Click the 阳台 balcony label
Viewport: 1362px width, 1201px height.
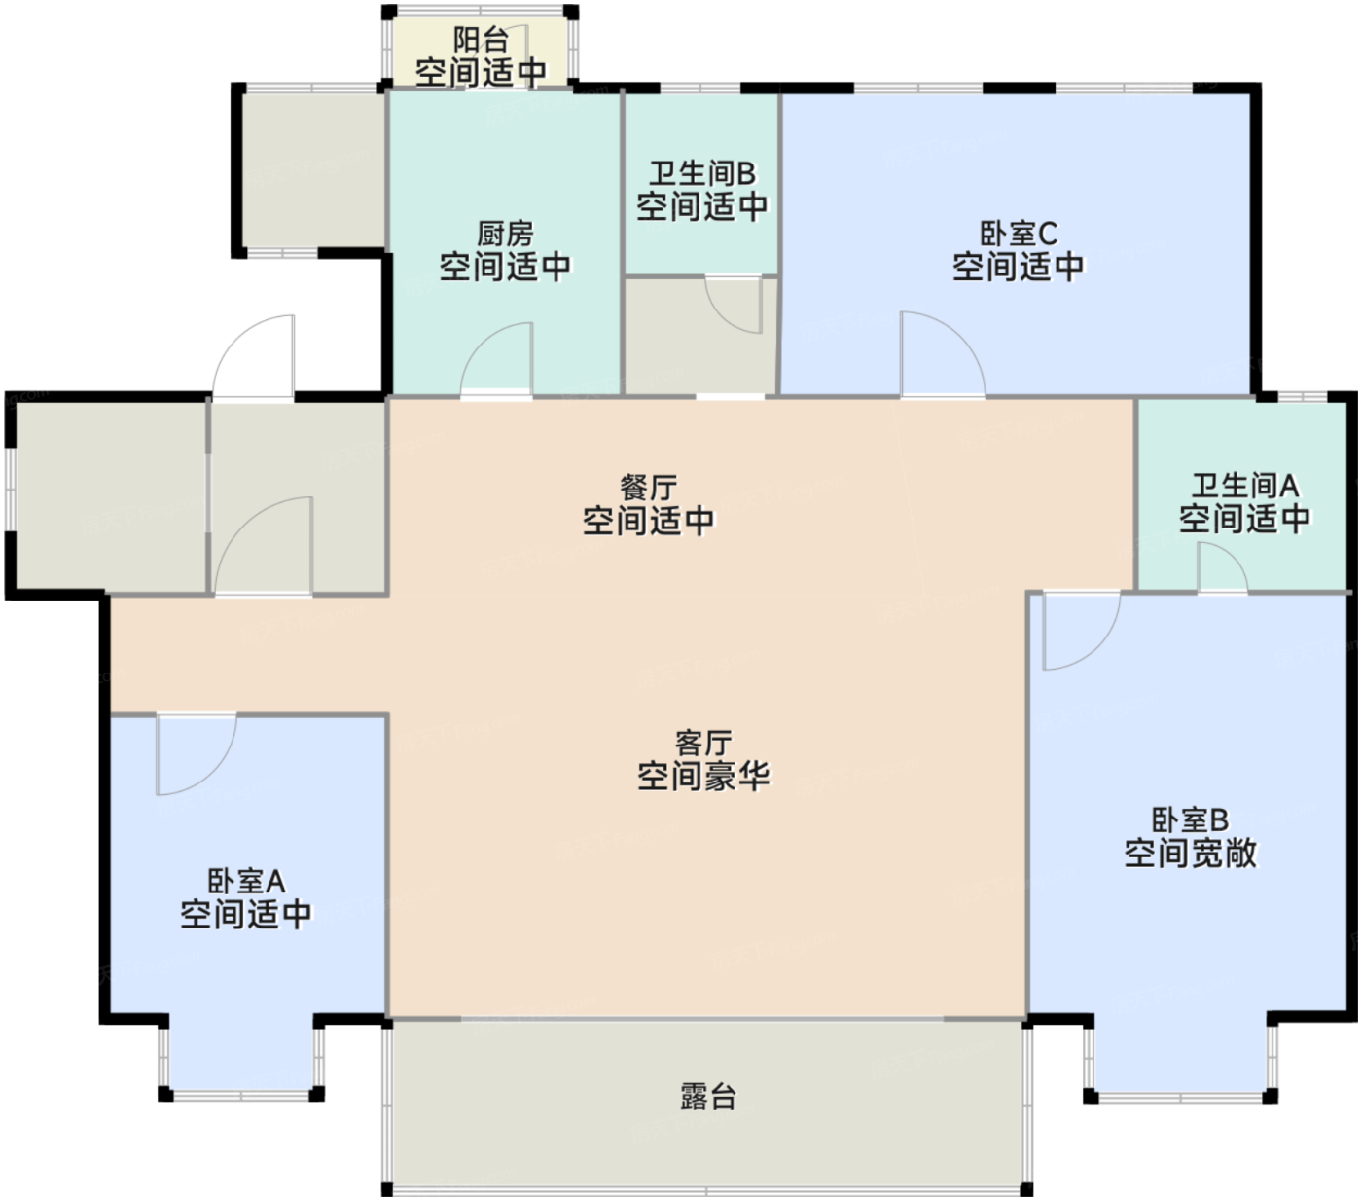(x=481, y=41)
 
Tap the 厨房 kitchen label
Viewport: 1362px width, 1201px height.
(x=505, y=234)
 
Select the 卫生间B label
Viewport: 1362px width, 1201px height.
(x=701, y=173)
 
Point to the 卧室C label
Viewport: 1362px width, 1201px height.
(x=1018, y=234)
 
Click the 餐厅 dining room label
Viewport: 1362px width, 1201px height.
(x=648, y=487)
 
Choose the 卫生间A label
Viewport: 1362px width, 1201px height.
(x=1244, y=485)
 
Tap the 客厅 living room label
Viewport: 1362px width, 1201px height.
(x=702, y=743)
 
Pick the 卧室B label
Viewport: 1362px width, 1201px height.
(x=1190, y=819)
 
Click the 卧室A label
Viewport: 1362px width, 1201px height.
(x=246, y=881)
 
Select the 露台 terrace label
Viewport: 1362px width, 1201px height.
(x=707, y=1096)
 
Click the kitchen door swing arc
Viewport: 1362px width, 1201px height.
(x=498, y=360)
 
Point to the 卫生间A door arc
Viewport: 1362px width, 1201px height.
(x=1222, y=566)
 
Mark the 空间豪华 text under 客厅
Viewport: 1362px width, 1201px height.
(x=702, y=776)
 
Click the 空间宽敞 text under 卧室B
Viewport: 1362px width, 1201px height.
(x=1190, y=853)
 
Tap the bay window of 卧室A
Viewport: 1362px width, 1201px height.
(x=241, y=1061)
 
